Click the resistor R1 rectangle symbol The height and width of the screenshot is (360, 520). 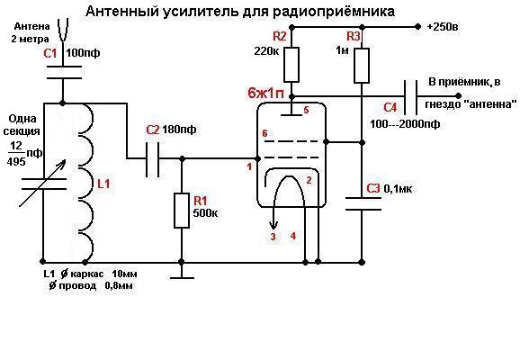pos(182,211)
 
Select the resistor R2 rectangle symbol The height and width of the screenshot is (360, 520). pos(291,65)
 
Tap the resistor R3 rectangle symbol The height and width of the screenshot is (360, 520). pos(362,66)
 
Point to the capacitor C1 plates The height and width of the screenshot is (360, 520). pos(63,72)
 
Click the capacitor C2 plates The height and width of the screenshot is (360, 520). pos(153,159)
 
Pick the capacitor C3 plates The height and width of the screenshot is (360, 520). pos(363,203)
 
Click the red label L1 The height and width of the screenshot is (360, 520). pos(103,184)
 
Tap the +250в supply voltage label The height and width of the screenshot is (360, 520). pos(443,26)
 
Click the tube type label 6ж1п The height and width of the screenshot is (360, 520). pos(266,94)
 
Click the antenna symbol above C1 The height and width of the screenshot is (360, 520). pos(63,31)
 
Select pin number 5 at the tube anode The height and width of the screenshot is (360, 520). pos(306,110)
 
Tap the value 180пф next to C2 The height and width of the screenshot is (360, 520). pos(179,129)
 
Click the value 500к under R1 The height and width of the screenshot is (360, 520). pos(205,212)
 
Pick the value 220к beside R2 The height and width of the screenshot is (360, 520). pos(266,50)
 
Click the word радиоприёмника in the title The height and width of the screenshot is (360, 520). pos(334,12)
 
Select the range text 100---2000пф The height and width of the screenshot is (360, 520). pos(405,124)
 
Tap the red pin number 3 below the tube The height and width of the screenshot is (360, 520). pos(273,237)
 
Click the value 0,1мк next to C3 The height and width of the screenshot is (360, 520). pos(398,189)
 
